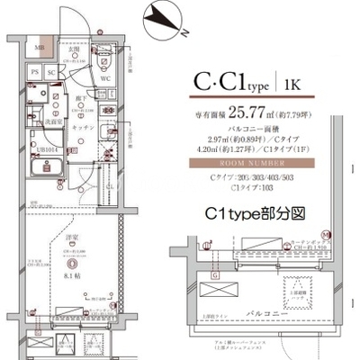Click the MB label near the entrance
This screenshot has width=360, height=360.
[40, 48]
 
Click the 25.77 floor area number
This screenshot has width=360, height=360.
[254, 114]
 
